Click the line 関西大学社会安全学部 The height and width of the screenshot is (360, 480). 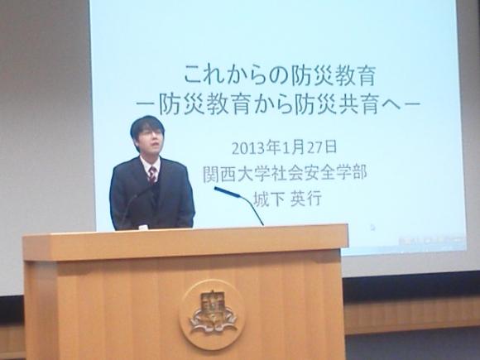tap(285, 174)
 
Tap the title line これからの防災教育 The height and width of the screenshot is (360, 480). tap(280, 76)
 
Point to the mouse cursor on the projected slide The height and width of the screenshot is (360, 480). tap(372, 227)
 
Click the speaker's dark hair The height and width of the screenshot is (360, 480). tap(147, 126)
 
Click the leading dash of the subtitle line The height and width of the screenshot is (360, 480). tap(146, 104)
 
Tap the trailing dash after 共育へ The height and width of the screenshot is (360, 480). tap(410, 104)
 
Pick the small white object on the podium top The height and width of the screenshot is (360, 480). tap(143, 228)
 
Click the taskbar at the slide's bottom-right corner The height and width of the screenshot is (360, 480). tap(433, 241)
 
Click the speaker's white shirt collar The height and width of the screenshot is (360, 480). tap(150, 164)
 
